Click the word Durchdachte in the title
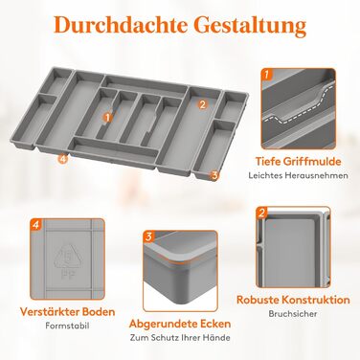click(121, 25)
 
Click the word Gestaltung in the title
click(250, 26)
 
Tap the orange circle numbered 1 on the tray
click(108, 117)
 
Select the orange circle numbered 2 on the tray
click(202, 104)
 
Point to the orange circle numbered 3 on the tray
click(214, 174)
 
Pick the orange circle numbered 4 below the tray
click(63, 159)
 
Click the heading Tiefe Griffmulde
click(298, 161)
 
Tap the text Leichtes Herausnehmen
click(299, 175)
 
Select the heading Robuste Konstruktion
click(293, 300)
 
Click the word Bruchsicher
click(293, 313)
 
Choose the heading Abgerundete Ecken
click(180, 324)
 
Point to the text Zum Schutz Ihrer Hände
click(180, 337)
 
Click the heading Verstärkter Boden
click(67, 311)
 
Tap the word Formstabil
click(67, 326)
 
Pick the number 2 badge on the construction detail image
click(262, 213)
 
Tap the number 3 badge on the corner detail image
click(149, 236)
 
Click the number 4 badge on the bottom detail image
click(35, 225)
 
